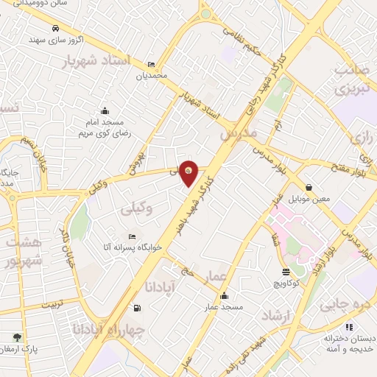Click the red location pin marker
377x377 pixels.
(189, 173)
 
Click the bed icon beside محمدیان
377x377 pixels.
(151, 65)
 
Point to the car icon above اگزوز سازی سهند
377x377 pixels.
(55, 29)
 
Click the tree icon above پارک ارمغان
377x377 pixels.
(16, 337)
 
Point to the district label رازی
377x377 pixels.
(364, 138)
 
